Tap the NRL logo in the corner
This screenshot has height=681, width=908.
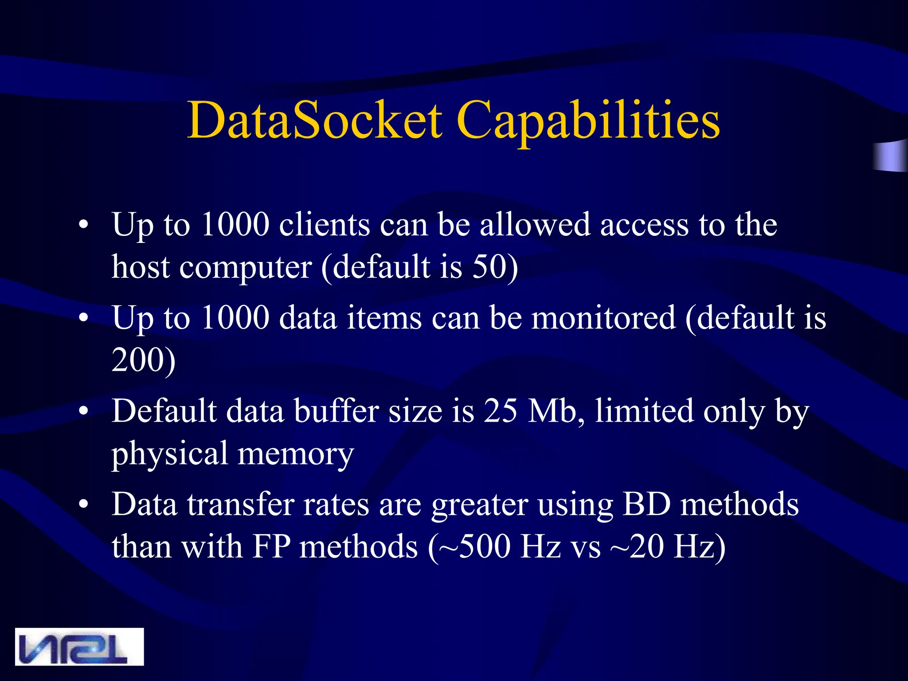pos(79,646)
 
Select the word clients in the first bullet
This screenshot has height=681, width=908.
pos(324,225)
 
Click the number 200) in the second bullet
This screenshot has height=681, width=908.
pos(143,360)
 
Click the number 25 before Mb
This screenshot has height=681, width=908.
pos(500,411)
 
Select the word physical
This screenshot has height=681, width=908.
pos(169,454)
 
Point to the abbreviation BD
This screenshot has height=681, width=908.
pos(646,505)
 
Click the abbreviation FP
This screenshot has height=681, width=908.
pos(271,546)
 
